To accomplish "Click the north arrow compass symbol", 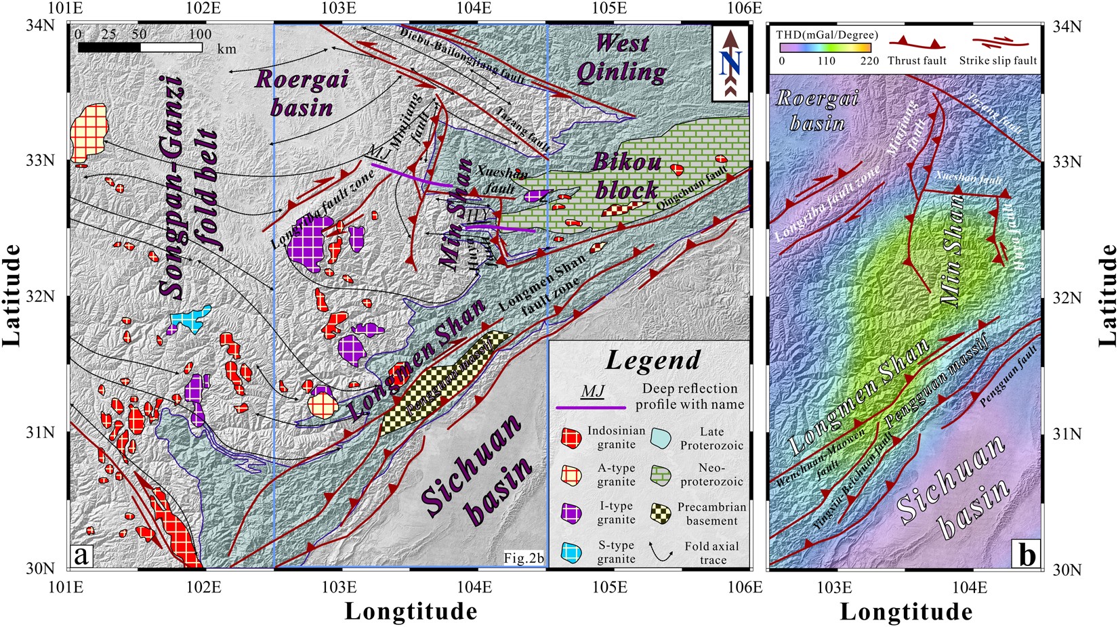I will [x=730, y=63].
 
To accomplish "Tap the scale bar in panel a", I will [x=140, y=47].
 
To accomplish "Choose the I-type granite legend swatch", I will [x=573, y=513].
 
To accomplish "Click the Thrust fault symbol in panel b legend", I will [x=916, y=45].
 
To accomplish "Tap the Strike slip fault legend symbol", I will [x=997, y=45].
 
